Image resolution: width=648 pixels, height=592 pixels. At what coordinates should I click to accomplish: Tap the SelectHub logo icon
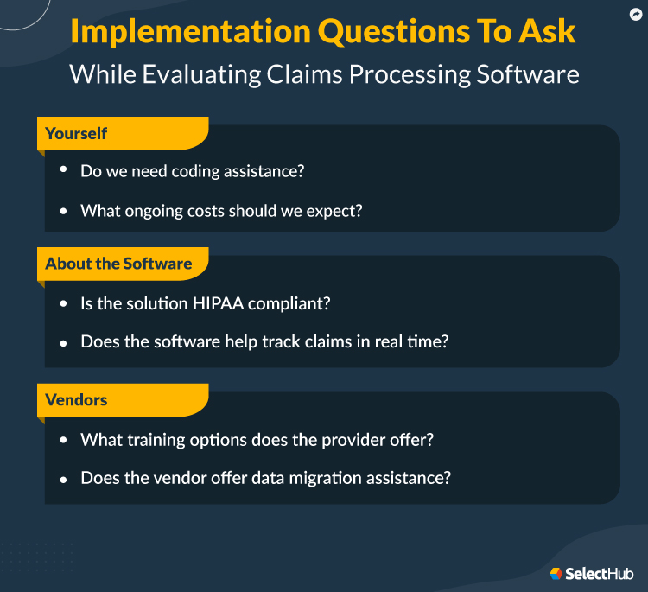tap(556, 573)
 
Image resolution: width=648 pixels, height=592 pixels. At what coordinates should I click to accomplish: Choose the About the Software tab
tap(118, 264)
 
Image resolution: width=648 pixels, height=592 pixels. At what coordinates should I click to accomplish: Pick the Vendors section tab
tap(76, 400)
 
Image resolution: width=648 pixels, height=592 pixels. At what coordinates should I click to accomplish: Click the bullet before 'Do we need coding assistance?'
tap(64, 170)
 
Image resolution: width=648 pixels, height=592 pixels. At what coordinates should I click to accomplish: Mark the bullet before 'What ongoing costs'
tap(64, 210)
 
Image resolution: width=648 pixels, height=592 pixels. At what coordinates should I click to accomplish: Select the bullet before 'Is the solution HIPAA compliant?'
tap(64, 304)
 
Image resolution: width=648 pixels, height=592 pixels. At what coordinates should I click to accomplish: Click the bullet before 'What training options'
tap(64, 439)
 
